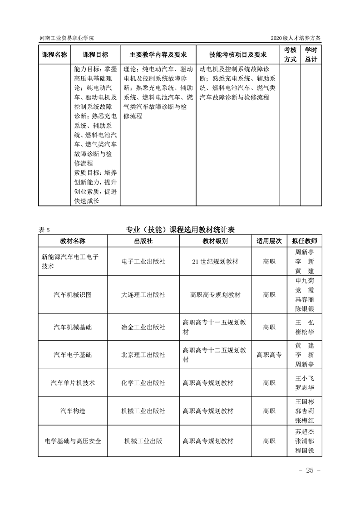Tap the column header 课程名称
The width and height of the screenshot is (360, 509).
pos(54,54)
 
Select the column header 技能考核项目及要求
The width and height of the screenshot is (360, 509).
pos(237,54)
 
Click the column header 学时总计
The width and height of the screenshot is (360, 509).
pos(311,54)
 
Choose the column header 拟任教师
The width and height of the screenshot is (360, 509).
pos(305,241)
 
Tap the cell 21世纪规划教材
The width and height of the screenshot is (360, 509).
pos(216,262)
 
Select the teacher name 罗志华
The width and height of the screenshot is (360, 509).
pos(305,388)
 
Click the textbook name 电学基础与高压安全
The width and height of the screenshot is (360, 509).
pos(73,440)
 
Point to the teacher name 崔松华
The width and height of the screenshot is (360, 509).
pos(305,332)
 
